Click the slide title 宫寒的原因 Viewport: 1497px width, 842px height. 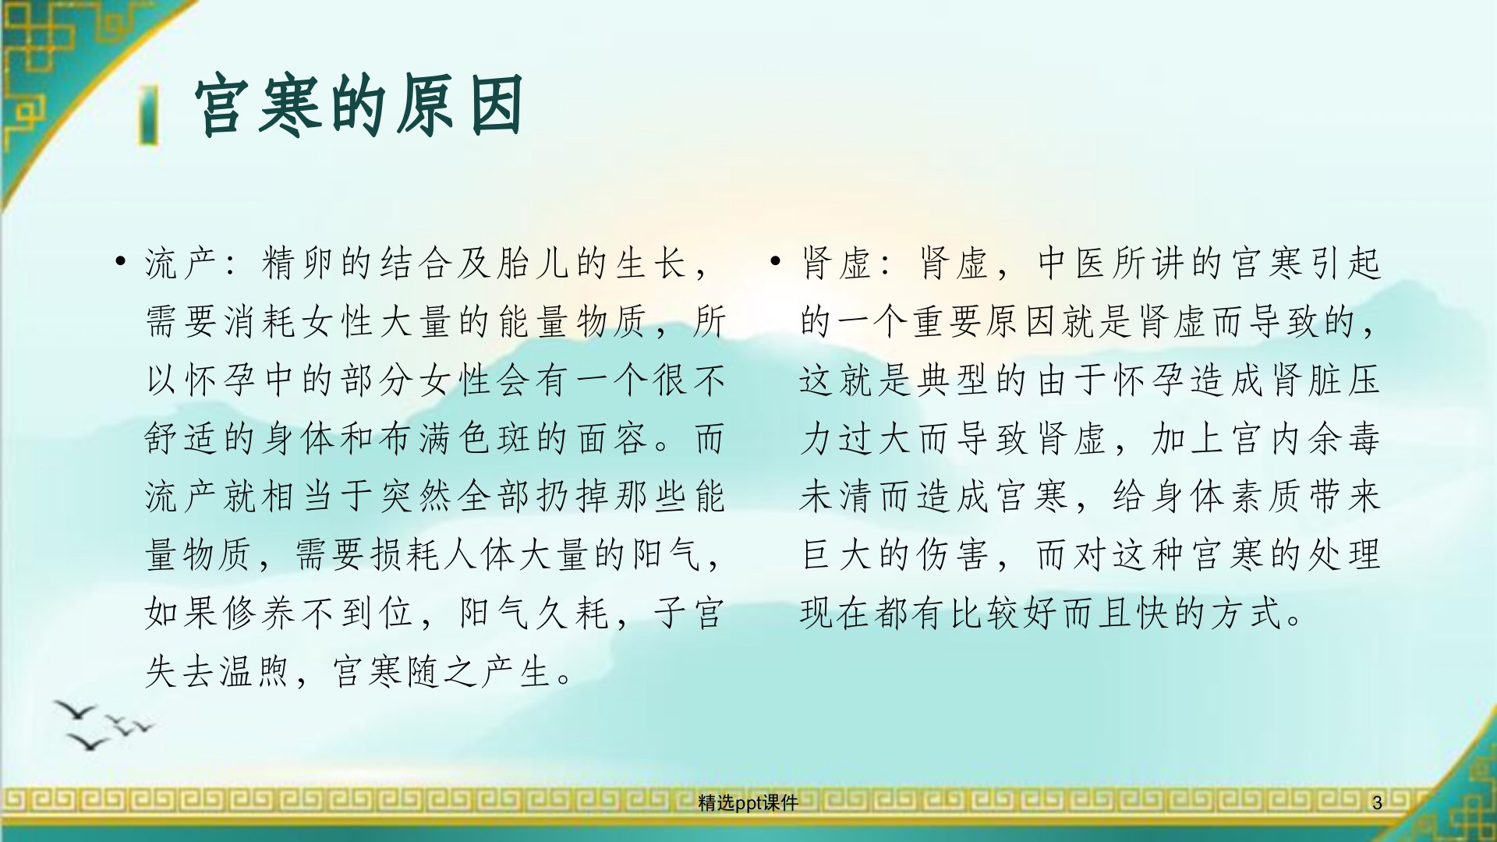click(x=359, y=106)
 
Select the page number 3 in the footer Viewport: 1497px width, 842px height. click(x=1377, y=802)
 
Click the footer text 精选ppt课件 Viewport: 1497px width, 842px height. click(x=748, y=802)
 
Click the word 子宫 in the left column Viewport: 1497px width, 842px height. click(x=690, y=613)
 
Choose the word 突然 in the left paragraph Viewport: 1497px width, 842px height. click(x=416, y=497)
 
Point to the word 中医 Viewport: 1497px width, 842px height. click(x=1073, y=263)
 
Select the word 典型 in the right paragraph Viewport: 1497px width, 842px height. click(x=954, y=380)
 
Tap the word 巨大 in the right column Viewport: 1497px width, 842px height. click(x=836, y=555)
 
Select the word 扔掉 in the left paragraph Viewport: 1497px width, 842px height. click(x=573, y=497)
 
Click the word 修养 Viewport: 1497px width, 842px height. click(x=261, y=613)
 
